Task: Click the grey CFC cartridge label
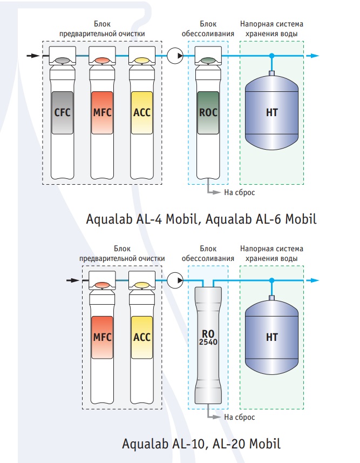tap(62, 112)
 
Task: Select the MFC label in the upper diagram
tap(102, 112)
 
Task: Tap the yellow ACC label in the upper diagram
tap(142, 112)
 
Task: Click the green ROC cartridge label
tap(208, 112)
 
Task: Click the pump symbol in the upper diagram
tap(175, 56)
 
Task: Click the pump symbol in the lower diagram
tap(175, 280)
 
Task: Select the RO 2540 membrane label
tap(208, 338)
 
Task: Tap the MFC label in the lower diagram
tap(102, 337)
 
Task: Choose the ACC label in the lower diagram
tap(142, 337)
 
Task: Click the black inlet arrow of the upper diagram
tap(33, 56)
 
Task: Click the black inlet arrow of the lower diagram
tap(73, 280)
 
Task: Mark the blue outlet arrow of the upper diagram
tap(313, 56)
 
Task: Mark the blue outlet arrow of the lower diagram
tap(313, 280)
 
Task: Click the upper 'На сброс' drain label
tap(239, 192)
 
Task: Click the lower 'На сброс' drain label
tap(239, 417)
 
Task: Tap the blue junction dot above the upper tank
tap(272, 56)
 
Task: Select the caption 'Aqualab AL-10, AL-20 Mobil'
tap(201, 444)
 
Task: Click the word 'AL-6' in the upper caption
tap(267, 219)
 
